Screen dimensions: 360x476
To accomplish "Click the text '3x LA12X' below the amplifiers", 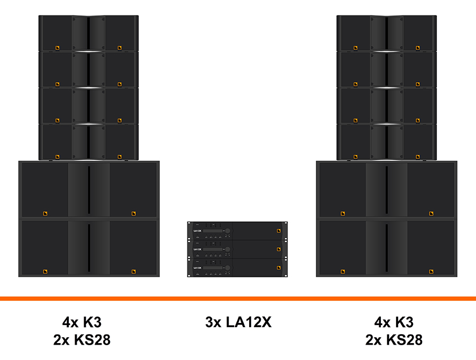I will coord(238,321).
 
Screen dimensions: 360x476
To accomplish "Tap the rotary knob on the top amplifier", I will coord(227,231).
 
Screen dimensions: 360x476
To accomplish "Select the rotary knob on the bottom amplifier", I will coord(227,267).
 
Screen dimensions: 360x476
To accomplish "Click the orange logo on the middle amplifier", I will coord(279,249).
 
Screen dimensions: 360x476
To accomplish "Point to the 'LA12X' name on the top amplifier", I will coord(198,230).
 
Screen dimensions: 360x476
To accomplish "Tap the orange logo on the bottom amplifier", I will coord(279,267).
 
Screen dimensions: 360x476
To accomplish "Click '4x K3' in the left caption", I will coord(82,321).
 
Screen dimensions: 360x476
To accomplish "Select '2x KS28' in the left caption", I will coord(82,339).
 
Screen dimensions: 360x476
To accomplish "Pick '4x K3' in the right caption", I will coord(393,321).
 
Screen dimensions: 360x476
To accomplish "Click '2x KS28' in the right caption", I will coord(393,339).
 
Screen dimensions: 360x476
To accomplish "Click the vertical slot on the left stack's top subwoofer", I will coord(89,183).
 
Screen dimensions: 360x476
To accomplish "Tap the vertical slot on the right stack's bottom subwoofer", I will coord(387,241).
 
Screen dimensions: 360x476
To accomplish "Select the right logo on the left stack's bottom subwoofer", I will coord(133,272).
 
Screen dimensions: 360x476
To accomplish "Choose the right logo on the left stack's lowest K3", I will coord(120,156).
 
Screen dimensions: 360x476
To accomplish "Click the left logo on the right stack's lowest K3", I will coord(355,156).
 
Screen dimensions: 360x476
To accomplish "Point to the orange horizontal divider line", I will coord(238,299).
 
